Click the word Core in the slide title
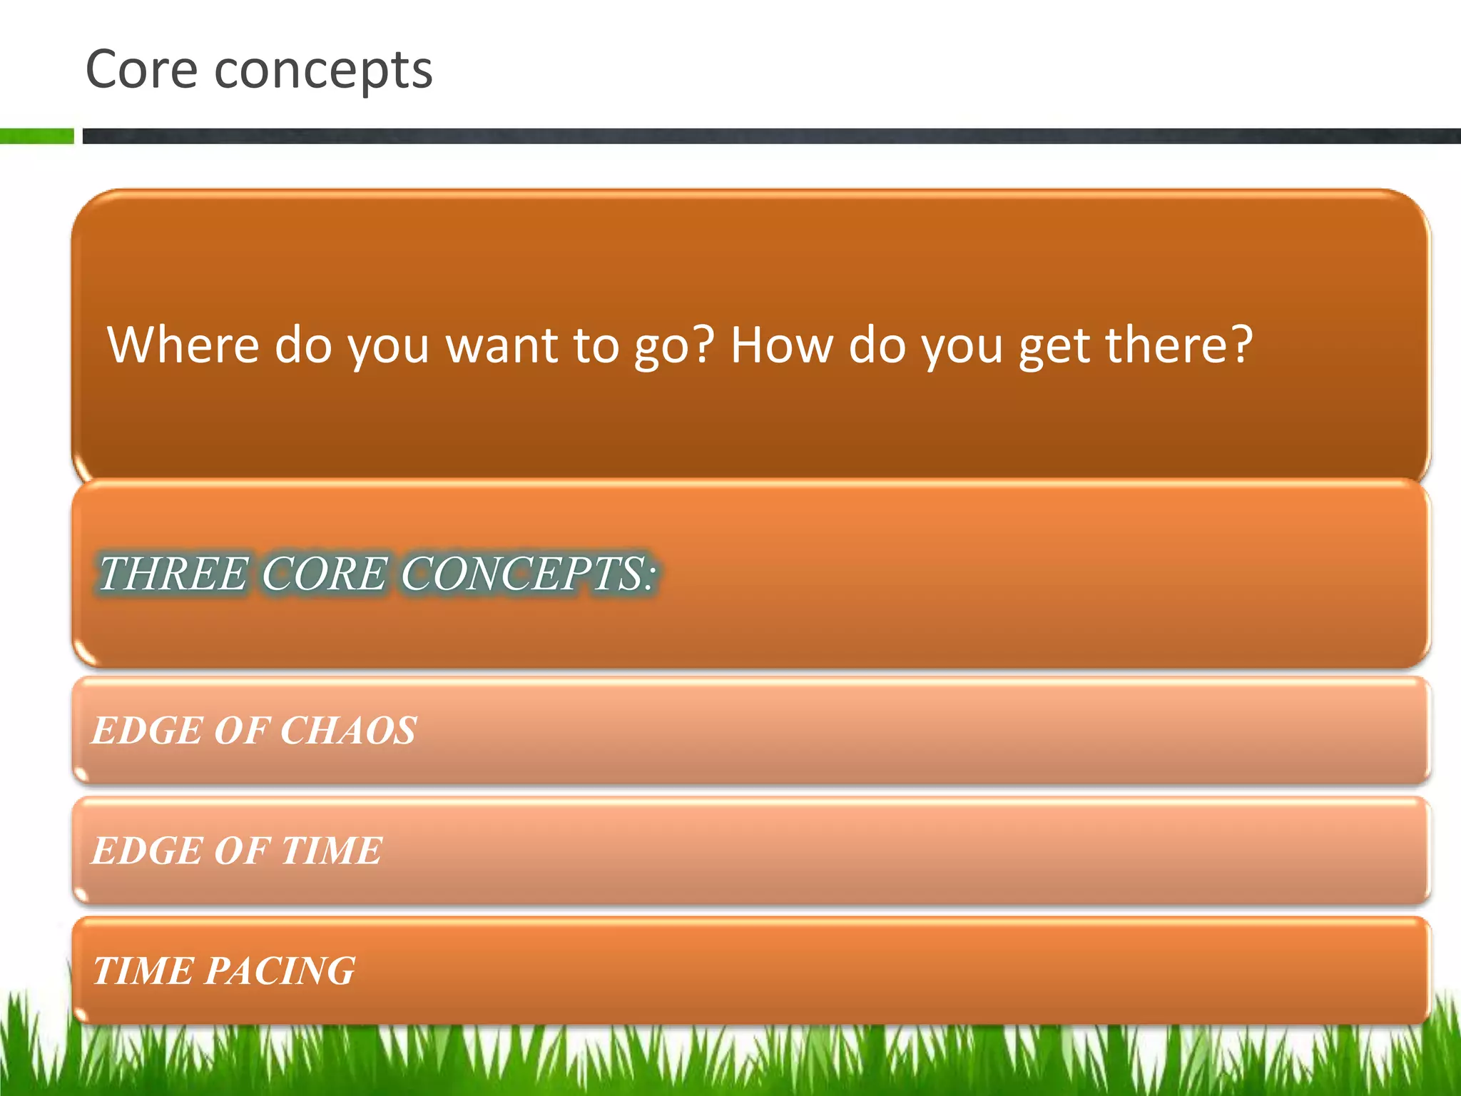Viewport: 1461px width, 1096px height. pos(141,70)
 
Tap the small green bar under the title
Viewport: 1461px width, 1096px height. pos(36,136)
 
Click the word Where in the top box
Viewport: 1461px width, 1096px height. pos(183,345)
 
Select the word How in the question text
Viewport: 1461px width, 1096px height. pos(781,345)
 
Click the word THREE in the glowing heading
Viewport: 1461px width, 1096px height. pos(172,574)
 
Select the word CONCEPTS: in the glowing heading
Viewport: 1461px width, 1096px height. pos(527,574)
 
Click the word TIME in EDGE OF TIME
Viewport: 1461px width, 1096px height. pos(332,851)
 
